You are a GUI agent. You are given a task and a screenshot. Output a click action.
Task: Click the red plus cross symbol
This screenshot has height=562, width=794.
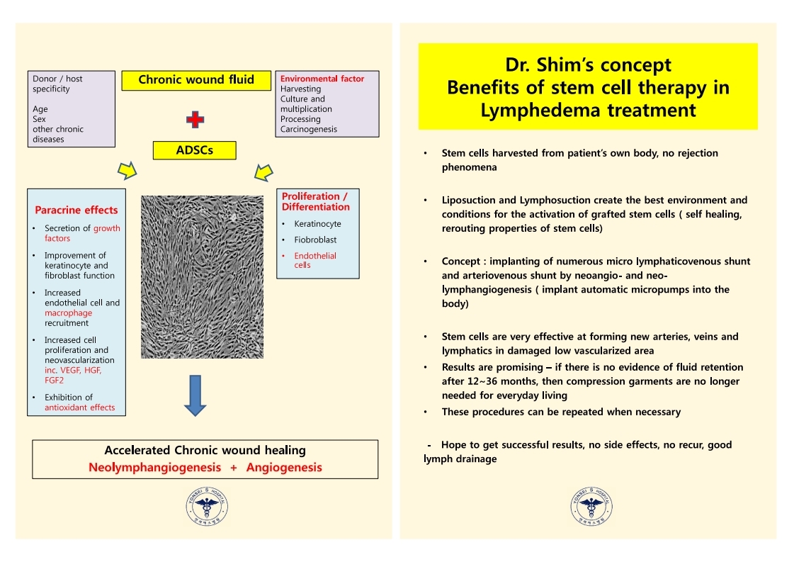pos(195,120)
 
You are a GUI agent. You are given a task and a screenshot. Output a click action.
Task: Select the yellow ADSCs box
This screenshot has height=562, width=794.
pos(195,150)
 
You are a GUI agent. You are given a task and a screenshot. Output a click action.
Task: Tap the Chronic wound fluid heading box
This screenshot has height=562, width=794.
pos(196,80)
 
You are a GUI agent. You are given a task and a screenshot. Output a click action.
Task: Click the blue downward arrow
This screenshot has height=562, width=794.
pos(195,395)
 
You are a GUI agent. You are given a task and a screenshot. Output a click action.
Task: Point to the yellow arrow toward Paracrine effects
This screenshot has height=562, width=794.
pos(127,171)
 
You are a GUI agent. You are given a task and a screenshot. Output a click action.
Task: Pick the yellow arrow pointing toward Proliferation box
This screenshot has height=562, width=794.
pos(263,172)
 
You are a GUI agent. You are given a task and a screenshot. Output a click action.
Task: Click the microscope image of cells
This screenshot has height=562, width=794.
pos(202,277)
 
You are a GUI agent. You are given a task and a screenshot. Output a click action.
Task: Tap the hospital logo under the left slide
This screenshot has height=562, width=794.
pos(207,506)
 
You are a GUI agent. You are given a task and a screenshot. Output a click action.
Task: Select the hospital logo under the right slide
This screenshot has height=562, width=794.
pos(591,506)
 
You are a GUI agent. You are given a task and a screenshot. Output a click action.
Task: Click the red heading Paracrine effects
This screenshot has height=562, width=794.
pos(76,210)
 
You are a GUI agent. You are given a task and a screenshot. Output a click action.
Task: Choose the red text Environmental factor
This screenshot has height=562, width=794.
pos(322,79)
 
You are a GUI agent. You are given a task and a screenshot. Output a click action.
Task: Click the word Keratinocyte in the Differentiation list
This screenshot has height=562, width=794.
pos(317,223)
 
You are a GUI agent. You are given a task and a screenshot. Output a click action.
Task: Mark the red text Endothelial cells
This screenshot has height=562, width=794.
pos(315,260)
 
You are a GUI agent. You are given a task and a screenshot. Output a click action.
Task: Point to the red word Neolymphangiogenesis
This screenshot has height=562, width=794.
pos(155,467)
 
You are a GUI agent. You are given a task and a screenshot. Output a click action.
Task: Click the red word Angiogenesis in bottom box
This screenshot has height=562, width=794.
pos(284,467)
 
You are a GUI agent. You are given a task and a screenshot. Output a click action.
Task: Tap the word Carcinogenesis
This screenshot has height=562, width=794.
pos(308,129)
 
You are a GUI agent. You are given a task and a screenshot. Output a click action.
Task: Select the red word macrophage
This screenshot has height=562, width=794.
pos(69,313)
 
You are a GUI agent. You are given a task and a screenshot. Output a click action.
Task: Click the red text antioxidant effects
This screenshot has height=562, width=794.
pos(79,408)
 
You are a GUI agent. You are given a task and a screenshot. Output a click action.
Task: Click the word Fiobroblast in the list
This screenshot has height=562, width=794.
pos(315,240)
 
